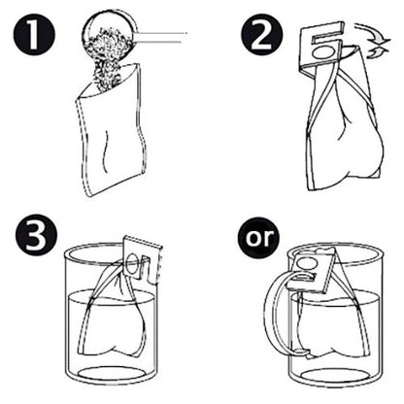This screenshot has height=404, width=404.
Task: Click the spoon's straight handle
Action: (161, 37)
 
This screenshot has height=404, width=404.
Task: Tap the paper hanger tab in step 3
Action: (142, 256)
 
